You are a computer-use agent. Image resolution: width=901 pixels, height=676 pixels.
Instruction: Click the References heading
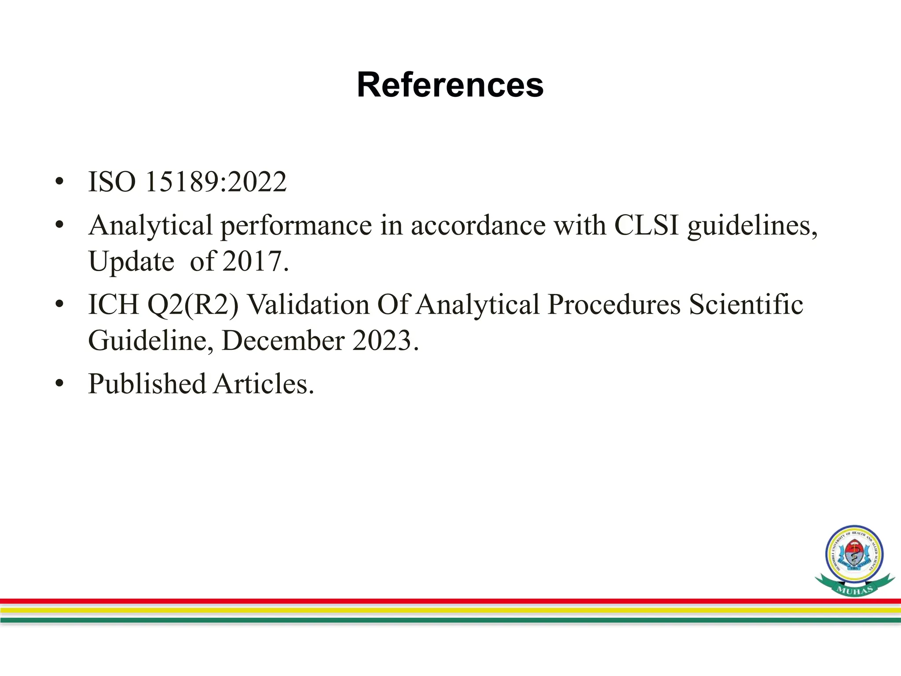450,85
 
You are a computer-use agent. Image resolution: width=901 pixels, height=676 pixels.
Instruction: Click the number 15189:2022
216,182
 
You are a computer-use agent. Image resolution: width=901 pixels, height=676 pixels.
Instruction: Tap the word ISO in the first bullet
112,182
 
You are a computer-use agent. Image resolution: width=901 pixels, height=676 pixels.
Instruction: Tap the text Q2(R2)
193,305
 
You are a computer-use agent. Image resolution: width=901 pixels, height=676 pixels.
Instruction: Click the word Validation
308,305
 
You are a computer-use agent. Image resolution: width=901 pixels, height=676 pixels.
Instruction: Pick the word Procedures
614,305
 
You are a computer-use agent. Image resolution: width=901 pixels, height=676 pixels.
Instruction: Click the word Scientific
746,305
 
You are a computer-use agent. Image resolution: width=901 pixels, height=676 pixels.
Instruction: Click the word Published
147,384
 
